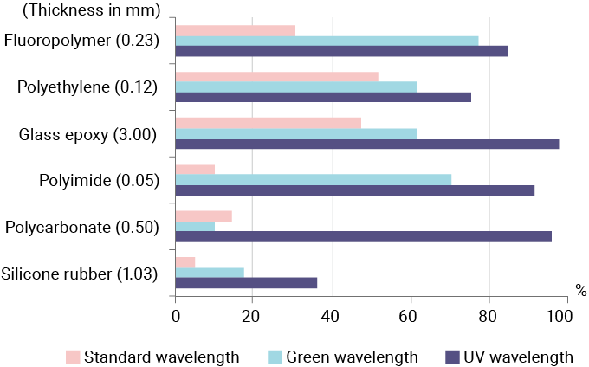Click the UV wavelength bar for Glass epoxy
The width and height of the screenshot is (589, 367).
coord(367,144)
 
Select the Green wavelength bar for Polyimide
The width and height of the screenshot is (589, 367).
coord(314,179)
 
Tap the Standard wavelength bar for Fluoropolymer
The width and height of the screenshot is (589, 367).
coord(236,30)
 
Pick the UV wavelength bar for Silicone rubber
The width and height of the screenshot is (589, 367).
coord(247,283)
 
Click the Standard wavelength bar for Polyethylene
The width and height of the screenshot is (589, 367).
coord(277,76)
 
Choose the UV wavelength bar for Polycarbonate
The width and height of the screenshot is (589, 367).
coord(364,236)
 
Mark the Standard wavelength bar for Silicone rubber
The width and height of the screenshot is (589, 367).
coord(185,262)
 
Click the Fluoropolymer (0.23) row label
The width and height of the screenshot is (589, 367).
coord(81,40)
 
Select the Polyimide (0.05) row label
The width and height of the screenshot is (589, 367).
coord(99,180)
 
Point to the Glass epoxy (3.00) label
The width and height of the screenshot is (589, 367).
coord(87,133)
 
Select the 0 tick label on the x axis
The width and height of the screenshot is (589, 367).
coord(176,317)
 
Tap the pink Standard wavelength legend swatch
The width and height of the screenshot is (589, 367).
coord(74,357)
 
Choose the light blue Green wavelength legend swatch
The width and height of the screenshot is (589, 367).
coord(276,357)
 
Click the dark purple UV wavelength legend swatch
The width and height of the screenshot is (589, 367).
coord(451,357)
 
